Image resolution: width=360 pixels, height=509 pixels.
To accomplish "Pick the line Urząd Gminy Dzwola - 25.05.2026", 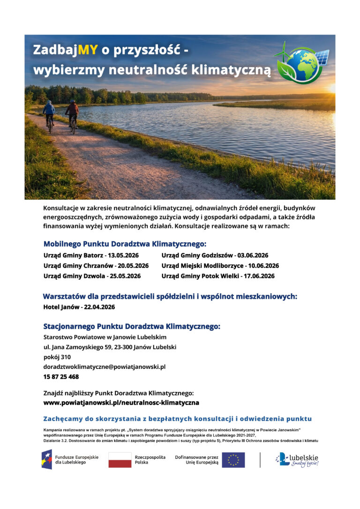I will (92, 276).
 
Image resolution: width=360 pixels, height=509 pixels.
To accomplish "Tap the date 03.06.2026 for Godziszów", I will (253, 255).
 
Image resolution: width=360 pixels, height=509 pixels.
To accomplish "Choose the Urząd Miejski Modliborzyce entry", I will (220, 266).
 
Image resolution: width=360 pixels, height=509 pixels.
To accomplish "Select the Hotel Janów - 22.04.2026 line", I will (79, 307).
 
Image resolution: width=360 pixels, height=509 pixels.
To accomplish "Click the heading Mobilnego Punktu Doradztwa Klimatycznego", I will (125, 244).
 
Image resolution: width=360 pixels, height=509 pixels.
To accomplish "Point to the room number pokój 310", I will (57, 357).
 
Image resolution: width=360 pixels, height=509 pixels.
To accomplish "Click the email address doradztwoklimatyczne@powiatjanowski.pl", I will (104, 367).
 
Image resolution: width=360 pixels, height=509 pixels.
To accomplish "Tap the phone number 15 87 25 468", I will (61, 377).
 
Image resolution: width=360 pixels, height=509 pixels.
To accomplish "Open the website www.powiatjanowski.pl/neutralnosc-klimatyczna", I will (121, 403).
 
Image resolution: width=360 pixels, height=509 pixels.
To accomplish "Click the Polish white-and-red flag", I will (120, 460).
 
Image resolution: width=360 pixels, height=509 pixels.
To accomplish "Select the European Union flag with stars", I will (233, 460).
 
